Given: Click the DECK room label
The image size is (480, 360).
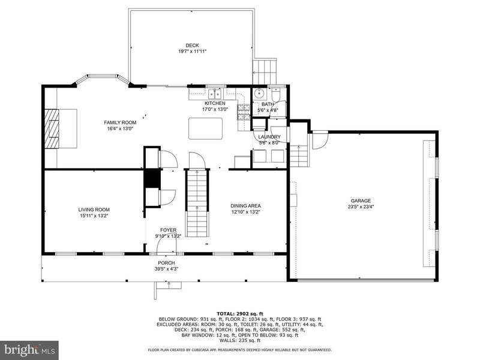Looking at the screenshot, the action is pos(192,46).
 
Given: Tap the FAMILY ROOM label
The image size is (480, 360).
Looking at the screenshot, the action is pos(120,122).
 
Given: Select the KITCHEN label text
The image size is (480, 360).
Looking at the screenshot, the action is pos(215,103).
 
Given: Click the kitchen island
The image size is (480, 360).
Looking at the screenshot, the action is pos(205,128).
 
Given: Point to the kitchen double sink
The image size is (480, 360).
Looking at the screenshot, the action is pos(215,93).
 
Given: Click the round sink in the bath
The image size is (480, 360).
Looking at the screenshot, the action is pos(260,94).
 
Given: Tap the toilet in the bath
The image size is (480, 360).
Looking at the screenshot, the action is pos(275,94).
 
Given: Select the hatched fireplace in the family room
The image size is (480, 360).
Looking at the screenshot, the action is pos(52,128).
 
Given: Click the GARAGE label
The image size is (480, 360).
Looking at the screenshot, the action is pos(361,201).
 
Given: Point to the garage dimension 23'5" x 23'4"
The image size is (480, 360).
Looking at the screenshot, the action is pos(361,206).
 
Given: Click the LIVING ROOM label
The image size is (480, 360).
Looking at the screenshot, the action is pos(94,209).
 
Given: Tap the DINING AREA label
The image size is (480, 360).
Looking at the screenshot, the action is pos(245,206).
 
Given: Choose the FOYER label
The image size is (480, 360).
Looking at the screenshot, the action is pos(169,230).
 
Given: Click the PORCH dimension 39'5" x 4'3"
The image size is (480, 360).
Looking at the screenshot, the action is pos(167,269).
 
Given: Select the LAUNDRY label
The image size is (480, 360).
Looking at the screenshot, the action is pos(269,137).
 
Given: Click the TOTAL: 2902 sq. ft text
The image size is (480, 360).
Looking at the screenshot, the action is pos(239,313).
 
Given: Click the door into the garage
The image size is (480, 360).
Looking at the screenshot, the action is pos(320,140).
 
